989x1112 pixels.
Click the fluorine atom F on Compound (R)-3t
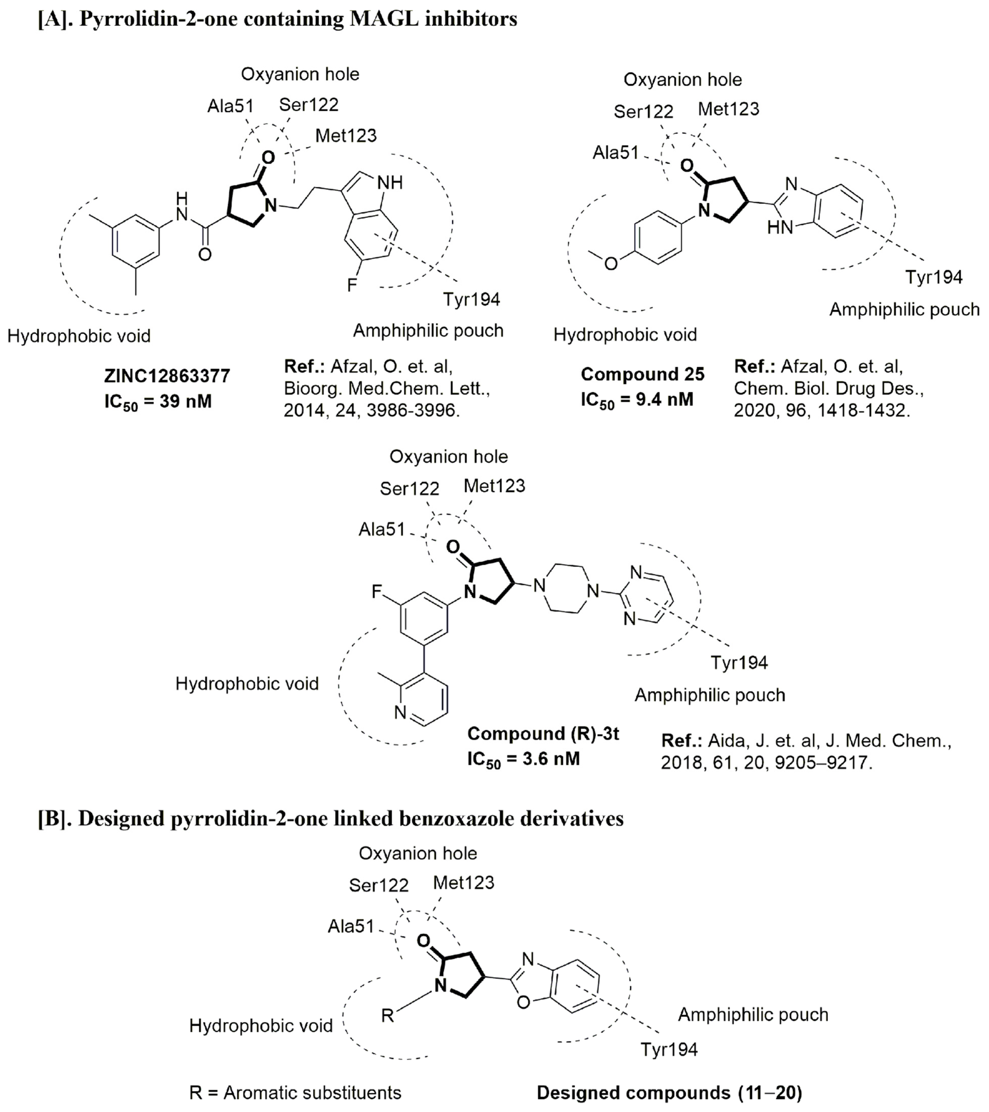pos(377,591)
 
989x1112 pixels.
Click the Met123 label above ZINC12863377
pos(346,136)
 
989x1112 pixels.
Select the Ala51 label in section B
pos(351,926)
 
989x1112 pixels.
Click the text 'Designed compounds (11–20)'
pos(669,1092)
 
